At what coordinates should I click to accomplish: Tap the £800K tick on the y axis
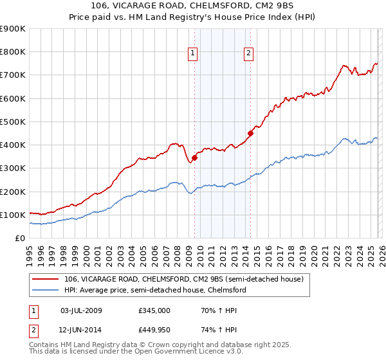click(x=13, y=52)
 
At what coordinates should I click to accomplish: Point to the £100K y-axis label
click(x=13, y=215)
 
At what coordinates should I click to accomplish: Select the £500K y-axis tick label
click(x=13, y=122)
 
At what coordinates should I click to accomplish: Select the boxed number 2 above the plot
click(x=248, y=54)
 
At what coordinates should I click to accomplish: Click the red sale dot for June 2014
click(x=250, y=134)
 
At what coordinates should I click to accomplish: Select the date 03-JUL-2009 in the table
click(x=81, y=310)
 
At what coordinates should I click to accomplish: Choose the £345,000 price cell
click(x=154, y=310)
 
